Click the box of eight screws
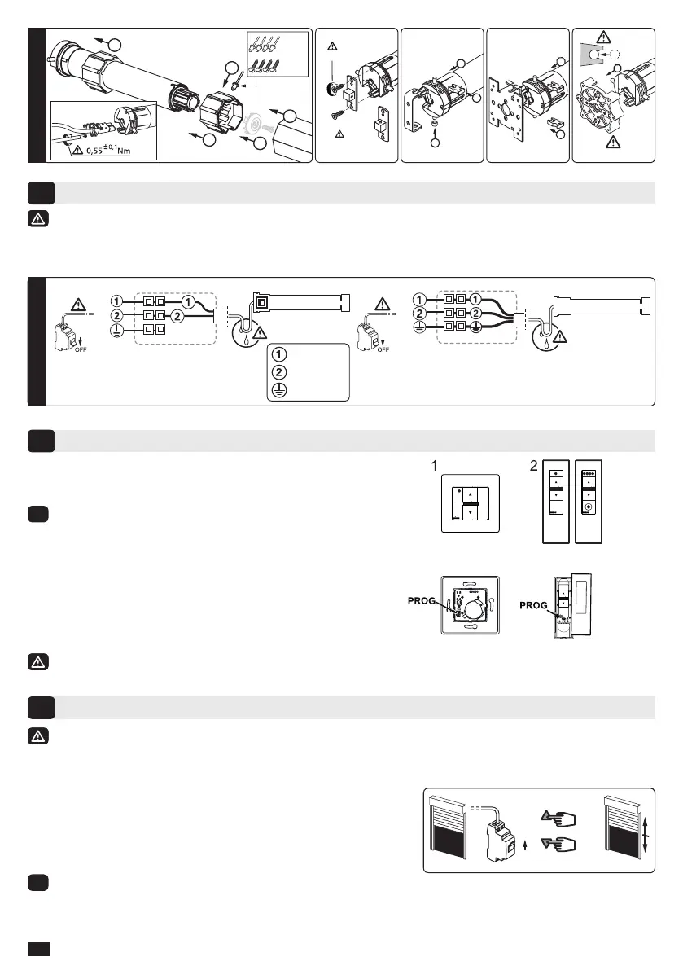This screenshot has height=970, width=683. click(277, 56)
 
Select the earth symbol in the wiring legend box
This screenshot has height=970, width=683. click(278, 389)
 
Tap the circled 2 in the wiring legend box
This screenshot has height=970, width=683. click(278, 372)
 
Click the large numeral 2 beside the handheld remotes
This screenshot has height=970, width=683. click(534, 467)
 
